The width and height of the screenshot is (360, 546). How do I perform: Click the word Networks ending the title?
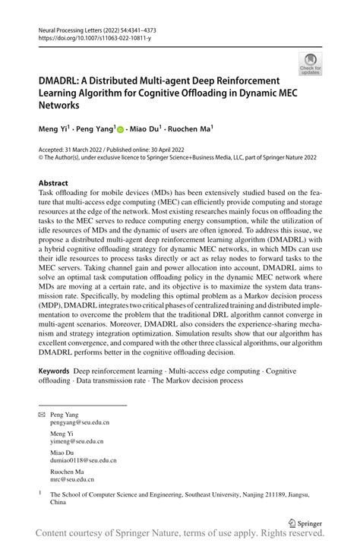point(61,108)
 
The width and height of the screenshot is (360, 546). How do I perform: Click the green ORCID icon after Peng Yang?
point(121,130)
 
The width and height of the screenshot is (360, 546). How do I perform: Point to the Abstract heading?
point(53,184)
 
